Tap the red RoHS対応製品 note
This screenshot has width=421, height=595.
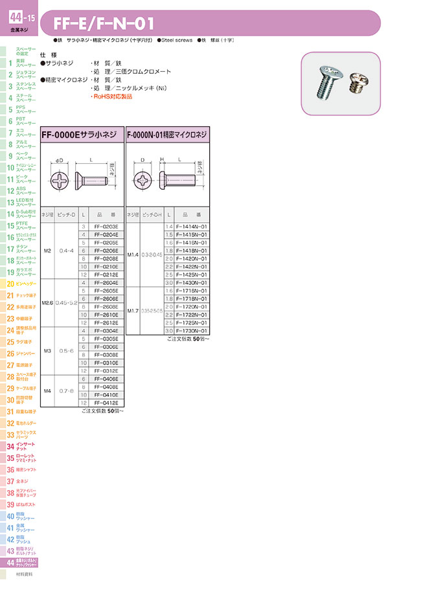[x=111, y=96]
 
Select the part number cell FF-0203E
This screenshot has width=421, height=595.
[x=106, y=226]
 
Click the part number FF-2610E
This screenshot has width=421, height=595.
[x=106, y=314]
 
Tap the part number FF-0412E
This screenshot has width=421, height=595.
[x=106, y=403]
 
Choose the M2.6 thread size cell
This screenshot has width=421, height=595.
[x=47, y=302]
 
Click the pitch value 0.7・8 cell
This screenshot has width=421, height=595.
[x=66, y=391]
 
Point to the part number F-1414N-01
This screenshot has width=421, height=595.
[x=192, y=226]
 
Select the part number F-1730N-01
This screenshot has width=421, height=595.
[x=192, y=330]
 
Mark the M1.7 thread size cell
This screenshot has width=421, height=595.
[x=133, y=310]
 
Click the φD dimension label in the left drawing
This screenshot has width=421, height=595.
[x=59, y=160]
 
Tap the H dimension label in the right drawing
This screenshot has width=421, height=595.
[x=162, y=159]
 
